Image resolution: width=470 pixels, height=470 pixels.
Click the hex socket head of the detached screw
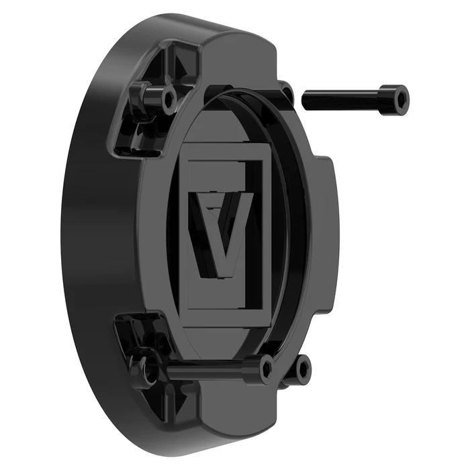point(396,99)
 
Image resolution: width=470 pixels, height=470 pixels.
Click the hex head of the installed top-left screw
point(168,99)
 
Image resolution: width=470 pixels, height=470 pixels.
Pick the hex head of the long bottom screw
point(267,368)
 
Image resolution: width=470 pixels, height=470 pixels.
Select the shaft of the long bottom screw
point(208,368)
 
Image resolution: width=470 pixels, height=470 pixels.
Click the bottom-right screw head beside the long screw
point(302,368)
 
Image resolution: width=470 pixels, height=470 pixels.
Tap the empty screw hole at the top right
point(287,92)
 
